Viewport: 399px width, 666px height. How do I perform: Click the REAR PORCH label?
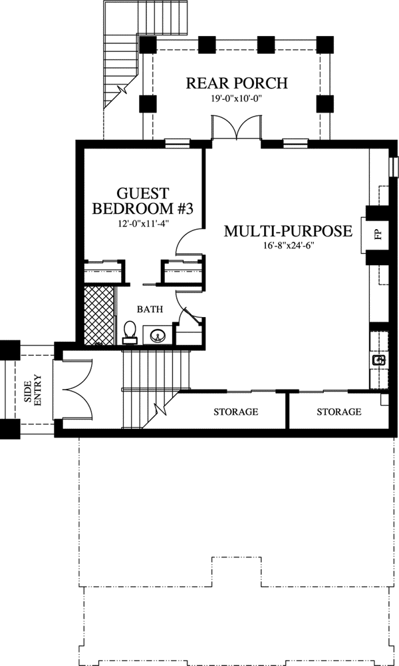point(236,83)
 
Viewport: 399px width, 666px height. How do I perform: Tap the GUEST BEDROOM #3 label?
point(142,200)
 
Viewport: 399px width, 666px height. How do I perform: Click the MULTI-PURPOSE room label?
point(287,232)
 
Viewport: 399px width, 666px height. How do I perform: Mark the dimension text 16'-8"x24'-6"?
point(287,247)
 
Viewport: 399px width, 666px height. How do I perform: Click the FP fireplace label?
point(377,236)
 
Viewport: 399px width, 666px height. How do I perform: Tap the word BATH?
point(150,309)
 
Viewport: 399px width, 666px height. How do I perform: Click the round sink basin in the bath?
point(158,335)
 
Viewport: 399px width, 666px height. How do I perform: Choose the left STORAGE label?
point(235,412)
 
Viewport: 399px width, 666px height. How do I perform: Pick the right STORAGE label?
point(338,412)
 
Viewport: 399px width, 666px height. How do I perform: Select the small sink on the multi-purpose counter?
point(379,360)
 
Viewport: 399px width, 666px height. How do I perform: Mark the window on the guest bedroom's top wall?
point(177,142)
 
